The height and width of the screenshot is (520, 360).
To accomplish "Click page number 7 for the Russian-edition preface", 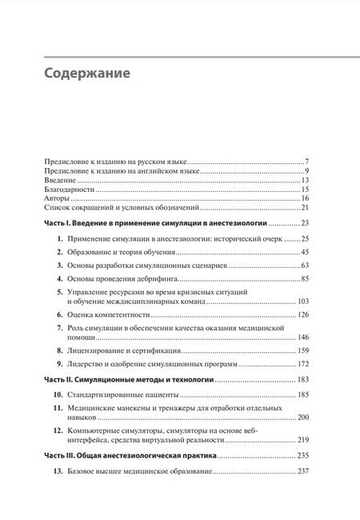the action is tap(306, 162).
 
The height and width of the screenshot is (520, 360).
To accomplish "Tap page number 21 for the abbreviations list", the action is tap(305, 208).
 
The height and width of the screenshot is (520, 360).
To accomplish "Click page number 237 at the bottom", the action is tap(302, 471).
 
